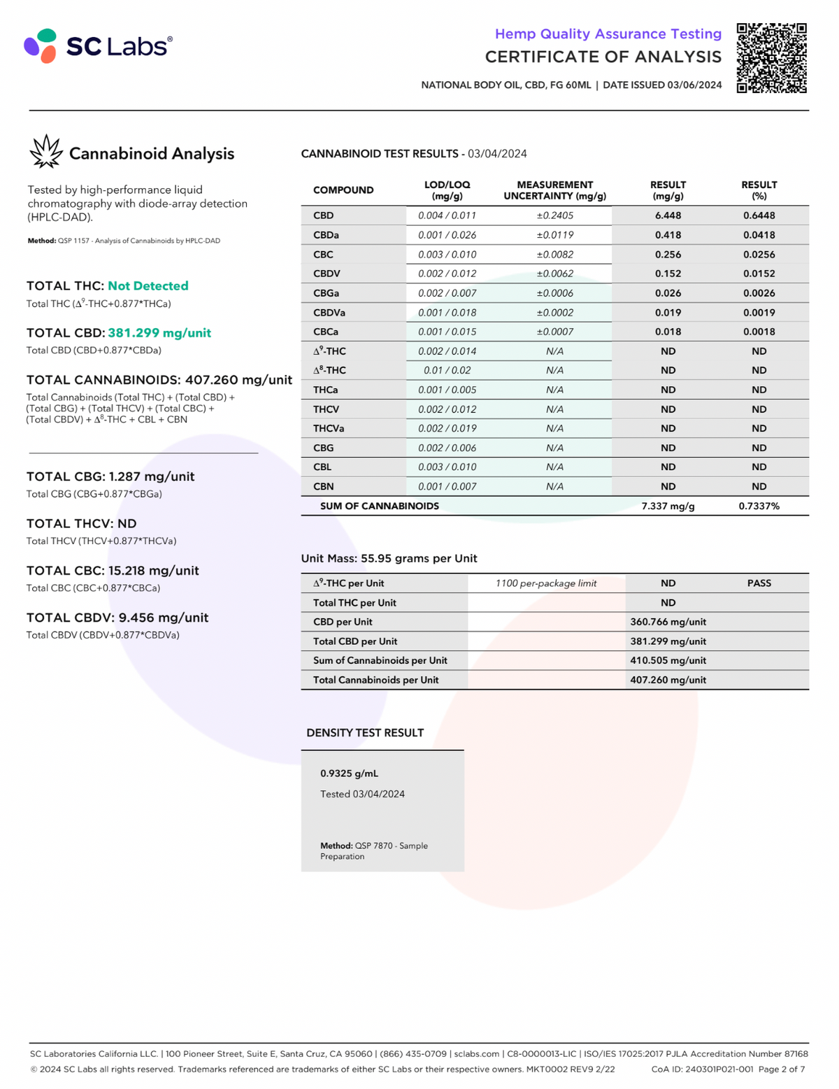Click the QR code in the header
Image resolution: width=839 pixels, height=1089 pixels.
(x=771, y=58)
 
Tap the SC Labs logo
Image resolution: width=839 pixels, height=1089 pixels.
(x=98, y=46)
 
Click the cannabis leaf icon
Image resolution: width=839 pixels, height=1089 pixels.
(x=46, y=152)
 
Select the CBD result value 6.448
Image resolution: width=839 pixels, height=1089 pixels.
(x=668, y=215)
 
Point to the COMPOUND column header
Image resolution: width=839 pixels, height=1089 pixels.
(x=343, y=190)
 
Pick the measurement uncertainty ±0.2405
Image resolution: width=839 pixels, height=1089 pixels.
(x=554, y=215)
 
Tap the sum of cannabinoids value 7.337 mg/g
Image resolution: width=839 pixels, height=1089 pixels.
(x=668, y=506)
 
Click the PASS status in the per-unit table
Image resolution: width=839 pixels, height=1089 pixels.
(x=759, y=583)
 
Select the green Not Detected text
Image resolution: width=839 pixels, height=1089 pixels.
(x=148, y=286)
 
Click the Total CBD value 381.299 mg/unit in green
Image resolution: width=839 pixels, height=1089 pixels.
(x=159, y=333)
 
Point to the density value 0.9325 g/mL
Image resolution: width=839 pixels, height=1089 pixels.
(x=349, y=774)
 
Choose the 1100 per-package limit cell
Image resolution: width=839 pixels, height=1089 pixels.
(x=546, y=583)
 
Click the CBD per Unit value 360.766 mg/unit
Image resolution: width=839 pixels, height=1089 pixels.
(x=668, y=622)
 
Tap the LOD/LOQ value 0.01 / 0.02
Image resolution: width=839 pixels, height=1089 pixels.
(x=447, y=370)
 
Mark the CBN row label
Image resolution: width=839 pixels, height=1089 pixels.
(x=324, y=486)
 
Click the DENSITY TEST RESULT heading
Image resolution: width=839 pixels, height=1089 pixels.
(x=365, y=733)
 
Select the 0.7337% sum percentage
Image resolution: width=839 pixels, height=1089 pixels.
(x=759, y=506)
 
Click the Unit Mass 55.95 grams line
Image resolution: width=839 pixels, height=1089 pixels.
(x=389, y=558)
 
